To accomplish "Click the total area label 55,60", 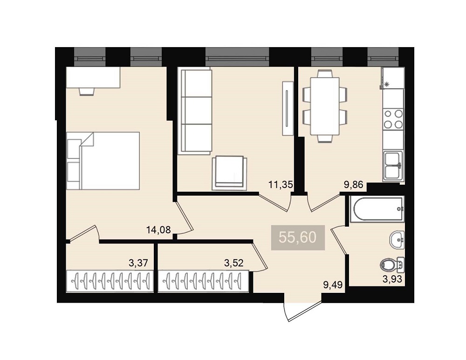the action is pos(298,238).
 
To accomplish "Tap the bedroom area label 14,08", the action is pos(158,230).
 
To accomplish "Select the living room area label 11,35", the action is pos(281,185).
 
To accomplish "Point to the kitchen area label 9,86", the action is pos(354,185).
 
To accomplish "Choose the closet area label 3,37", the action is pos(138,263).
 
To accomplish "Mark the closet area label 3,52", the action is pos(234,263).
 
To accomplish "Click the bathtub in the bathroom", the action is pos(377,209).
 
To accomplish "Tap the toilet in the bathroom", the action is pos(392,264).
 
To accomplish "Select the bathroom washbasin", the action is pos(397,240).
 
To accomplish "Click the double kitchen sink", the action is pos(393,166).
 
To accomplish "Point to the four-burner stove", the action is pos(393,119).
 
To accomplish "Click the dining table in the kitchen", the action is pos(325,106).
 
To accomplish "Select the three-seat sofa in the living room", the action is pos(195,111).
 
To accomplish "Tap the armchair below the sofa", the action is pos(229,173).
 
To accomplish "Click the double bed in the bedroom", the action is pos(103,161).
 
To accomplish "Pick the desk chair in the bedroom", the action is pos(87,91).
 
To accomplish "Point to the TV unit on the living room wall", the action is pos(287,108).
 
